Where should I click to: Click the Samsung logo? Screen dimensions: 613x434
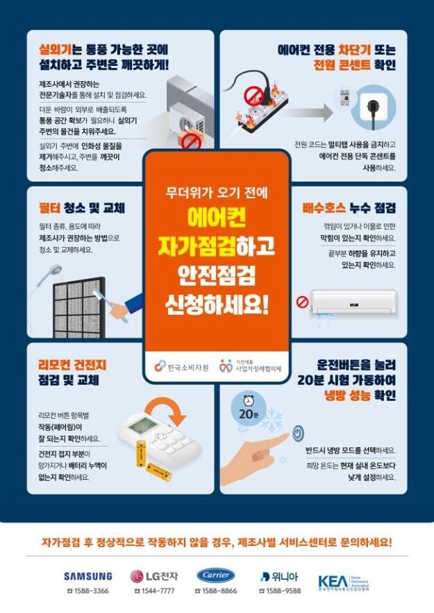pyautogui.click(x=87, y=576)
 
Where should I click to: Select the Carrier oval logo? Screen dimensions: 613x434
pyautogui.click(x=216, y=575)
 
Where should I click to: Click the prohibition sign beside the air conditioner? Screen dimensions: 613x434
pyautogui.click(x=302, y=302)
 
